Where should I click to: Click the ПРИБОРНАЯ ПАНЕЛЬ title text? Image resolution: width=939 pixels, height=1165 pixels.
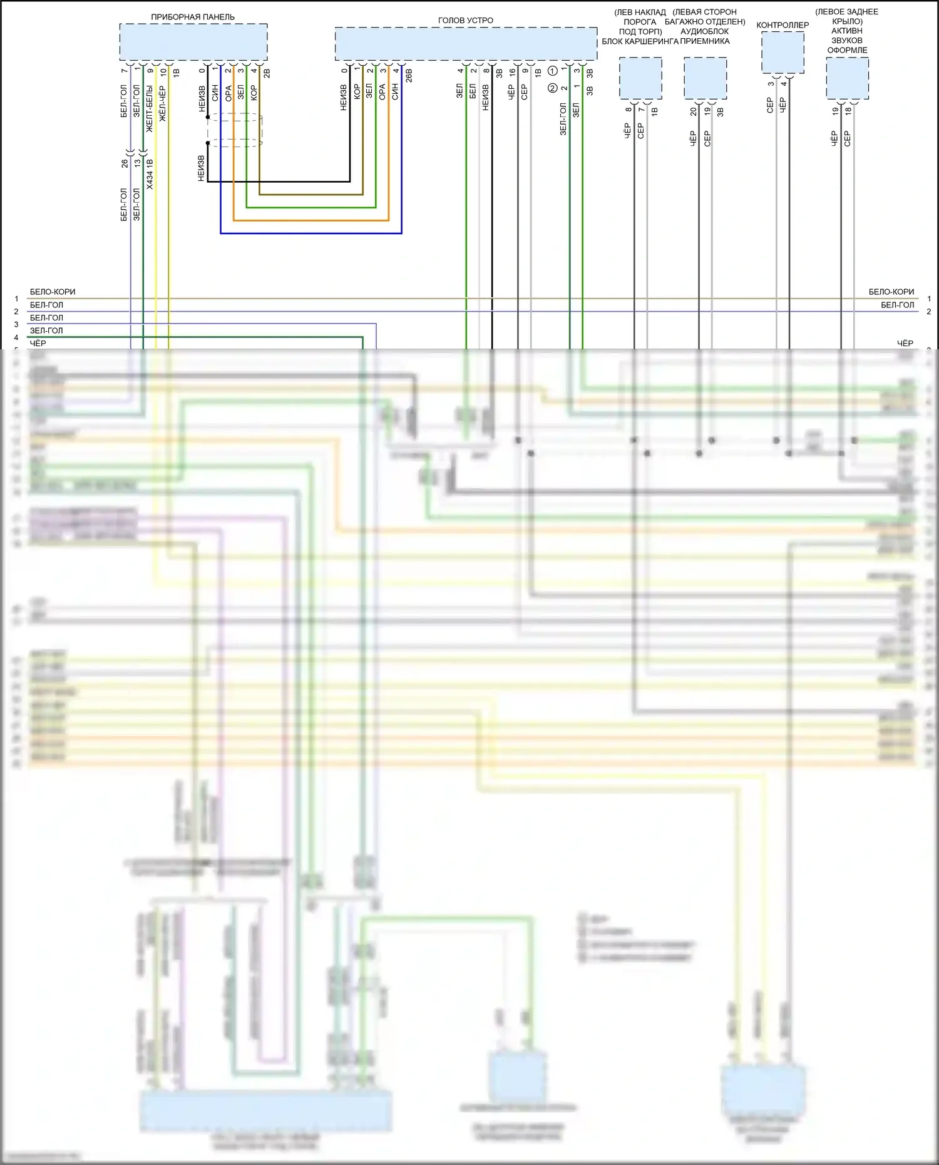[x=193, y=17]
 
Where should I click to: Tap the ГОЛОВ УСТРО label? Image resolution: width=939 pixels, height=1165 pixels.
[x=465, y=21]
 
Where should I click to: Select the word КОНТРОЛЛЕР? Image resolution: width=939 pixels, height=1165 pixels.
[x=782, y=25]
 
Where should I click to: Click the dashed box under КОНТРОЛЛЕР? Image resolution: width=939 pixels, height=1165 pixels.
[x=782, y=53]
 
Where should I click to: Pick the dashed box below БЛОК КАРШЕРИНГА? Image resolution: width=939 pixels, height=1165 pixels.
[x=640, y=78]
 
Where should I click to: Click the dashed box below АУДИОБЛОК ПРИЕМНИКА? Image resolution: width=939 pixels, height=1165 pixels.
[x=705, y=78]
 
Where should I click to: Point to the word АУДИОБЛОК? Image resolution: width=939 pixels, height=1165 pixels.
[x=704, y=31]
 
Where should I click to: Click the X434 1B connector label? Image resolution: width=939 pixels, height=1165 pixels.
[x=150, y=174]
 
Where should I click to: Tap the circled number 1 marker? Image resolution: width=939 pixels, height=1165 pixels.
[x=553, y=71]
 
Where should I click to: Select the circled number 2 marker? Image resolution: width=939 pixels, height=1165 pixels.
[x=553, y=88]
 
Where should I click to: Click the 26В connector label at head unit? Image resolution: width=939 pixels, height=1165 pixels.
[x=409, y=76]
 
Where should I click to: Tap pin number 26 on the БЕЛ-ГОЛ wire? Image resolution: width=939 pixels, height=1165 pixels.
[x=124, y=163]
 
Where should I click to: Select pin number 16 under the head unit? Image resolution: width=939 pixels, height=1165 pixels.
[x=512, y=72]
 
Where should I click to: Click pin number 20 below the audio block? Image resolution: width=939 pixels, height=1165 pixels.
[x=693, y=111]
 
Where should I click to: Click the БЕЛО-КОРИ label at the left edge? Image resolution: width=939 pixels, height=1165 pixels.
[x=53, y=292]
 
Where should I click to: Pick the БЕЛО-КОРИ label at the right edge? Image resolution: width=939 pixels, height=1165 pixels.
[x=891, y=292]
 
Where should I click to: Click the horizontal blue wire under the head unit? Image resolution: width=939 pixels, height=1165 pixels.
[x=310, y=233]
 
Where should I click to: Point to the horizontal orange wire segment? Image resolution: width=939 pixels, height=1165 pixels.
[x=310, y=220]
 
